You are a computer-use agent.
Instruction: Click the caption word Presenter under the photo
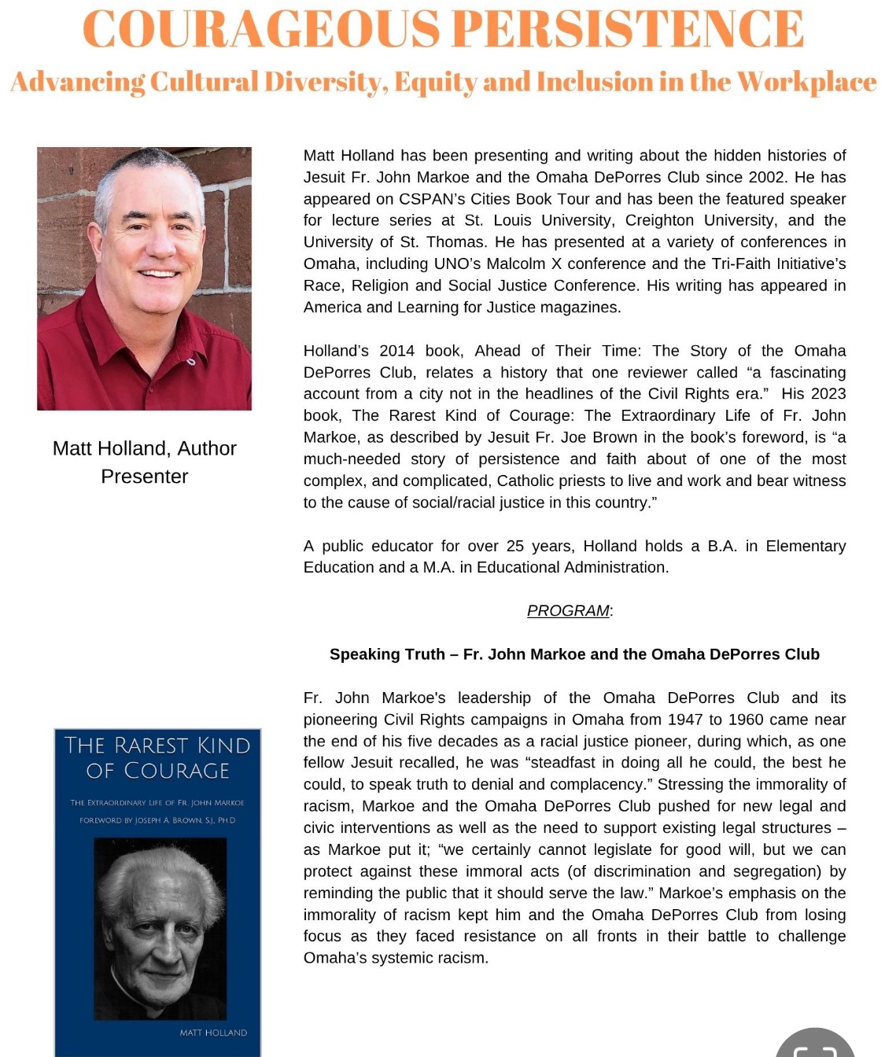(x=144, y=477)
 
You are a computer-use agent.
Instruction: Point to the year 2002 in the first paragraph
(x=768, y=177)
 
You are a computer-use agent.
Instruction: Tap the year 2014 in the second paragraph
(x=396, y=351)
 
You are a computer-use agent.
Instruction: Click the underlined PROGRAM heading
(x=568, y=611)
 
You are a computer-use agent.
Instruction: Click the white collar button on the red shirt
(x=190, y=362)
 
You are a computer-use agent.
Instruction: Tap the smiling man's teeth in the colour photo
(x=159, y=274)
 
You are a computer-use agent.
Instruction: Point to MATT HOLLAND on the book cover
(x=213, y=1033)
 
